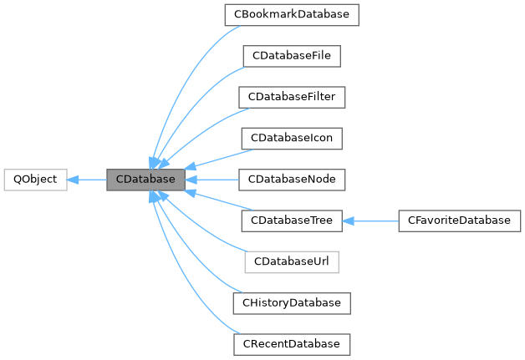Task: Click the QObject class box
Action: click(35, 180)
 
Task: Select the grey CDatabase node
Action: click(145, 180)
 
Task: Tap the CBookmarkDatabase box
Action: click(292, 15)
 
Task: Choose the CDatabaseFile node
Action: click(292, 56)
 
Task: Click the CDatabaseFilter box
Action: click(292, 97)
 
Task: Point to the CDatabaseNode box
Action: click(292, 180)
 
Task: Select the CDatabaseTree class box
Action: click(292, 221)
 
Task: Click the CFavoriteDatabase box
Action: click(459, 221)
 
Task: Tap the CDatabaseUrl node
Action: click(292, 261)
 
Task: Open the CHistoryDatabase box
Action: click(292, 302)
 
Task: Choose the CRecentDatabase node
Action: click(292, 343)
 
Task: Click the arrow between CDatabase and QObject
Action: click(87, 180)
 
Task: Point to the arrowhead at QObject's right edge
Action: click(73, 180)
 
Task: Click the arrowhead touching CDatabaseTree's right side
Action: click(349, 221)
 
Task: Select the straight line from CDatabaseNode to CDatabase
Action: click(213, 180)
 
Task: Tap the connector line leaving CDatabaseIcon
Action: click(222, 159)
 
